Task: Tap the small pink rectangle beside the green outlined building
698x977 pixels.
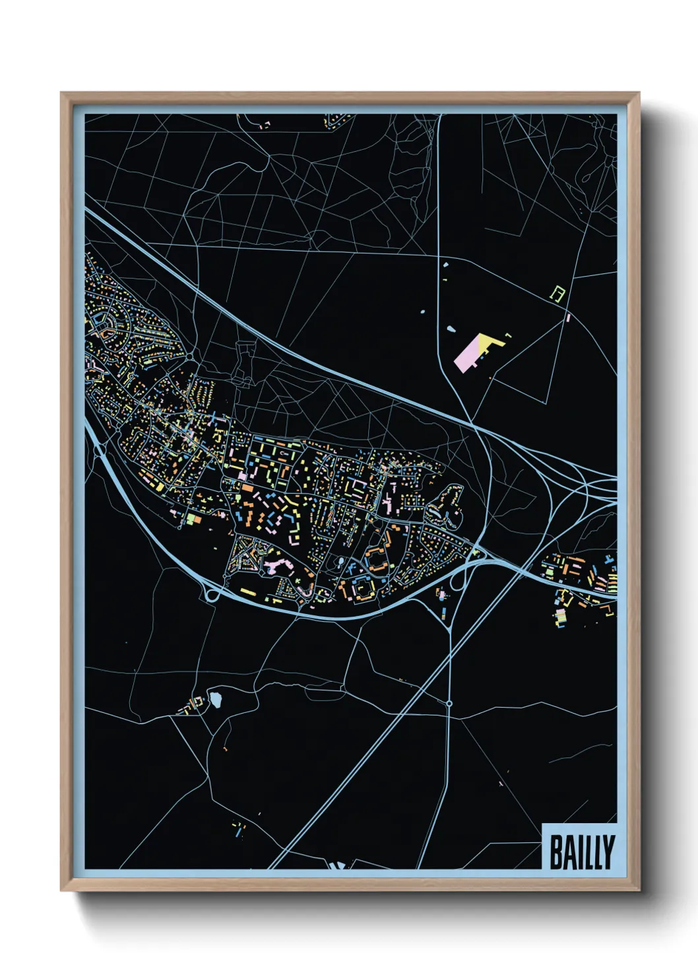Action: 567,318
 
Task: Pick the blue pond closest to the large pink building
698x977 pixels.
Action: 451,329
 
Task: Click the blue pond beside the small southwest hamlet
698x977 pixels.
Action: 215,698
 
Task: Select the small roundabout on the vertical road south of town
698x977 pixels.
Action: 449,704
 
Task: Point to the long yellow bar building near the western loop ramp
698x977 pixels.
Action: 248,591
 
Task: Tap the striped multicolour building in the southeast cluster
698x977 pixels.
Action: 561,617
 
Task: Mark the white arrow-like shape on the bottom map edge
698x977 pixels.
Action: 337,865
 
